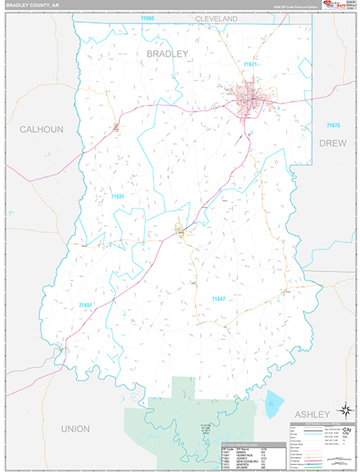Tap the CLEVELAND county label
point(216,18)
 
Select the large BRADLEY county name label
point(167,53)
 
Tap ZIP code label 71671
point(252,64)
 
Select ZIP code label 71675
point(334,125)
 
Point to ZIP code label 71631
point(118,196)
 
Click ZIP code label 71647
point(220,298)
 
